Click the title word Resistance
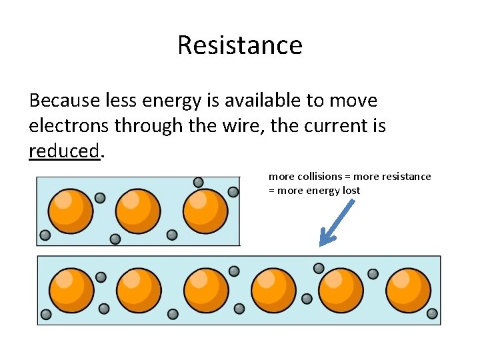click(x=239, y=45)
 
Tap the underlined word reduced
click(x=64, y=151)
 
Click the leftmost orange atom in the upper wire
click(x=71, y=211)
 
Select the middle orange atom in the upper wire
click(x=138, y=211)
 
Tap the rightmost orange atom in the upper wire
click(x=205, y=211)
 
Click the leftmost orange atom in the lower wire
click(x=71, y=291)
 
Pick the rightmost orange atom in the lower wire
click(x=408, y=291)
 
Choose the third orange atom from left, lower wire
click(x=206, y=291)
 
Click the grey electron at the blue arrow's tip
click(x=319, y=268)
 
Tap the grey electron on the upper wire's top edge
click(x=198, y=182)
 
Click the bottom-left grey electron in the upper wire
click(x=45, y=235)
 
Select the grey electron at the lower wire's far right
click(x=432, y=313)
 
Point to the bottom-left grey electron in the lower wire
click(x=46, y=314)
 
